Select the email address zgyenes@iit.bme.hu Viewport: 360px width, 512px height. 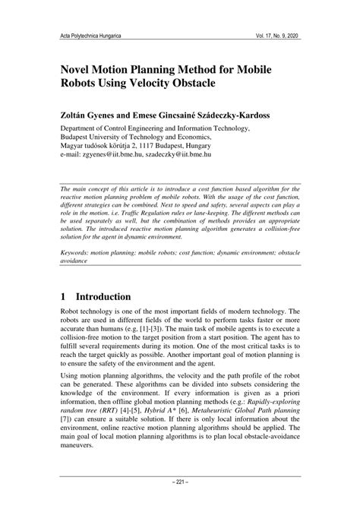point(119,153)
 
